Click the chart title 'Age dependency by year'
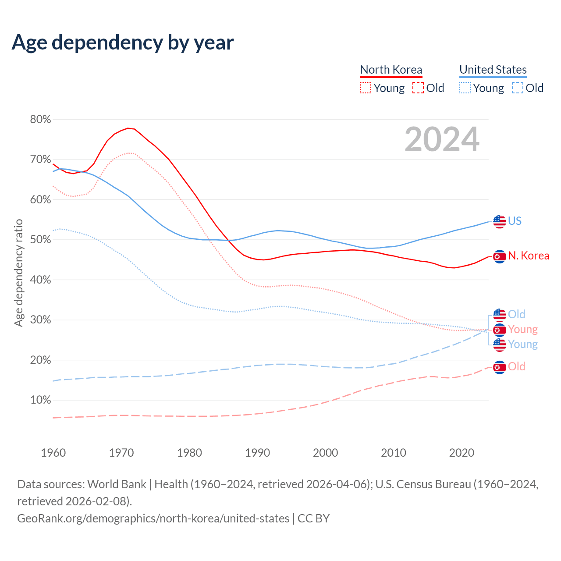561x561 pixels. click(123, 43)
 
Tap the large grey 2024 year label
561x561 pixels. click(442, 139)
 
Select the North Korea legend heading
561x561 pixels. click(391, 70)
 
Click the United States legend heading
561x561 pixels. click(493, 70)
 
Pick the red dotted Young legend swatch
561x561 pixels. click(365, 88)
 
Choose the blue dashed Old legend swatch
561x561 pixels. click(517, 88)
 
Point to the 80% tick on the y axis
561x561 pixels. click(40, 120)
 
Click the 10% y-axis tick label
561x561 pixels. click(40, 400)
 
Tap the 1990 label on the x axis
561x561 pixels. click(258, 453)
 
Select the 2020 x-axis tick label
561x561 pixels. click(462, 453)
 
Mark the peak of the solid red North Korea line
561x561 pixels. click(128, 128)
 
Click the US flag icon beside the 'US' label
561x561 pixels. click(499, 221)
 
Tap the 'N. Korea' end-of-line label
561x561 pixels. click(529, 256)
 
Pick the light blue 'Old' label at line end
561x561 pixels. click(516, 314)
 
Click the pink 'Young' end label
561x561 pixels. click(522, 329)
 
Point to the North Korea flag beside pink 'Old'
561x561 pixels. click(499, 367)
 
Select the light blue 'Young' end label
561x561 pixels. click(522, 344)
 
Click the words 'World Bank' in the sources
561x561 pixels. click(117, 484)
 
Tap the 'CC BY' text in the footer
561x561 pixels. click(313, 518)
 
